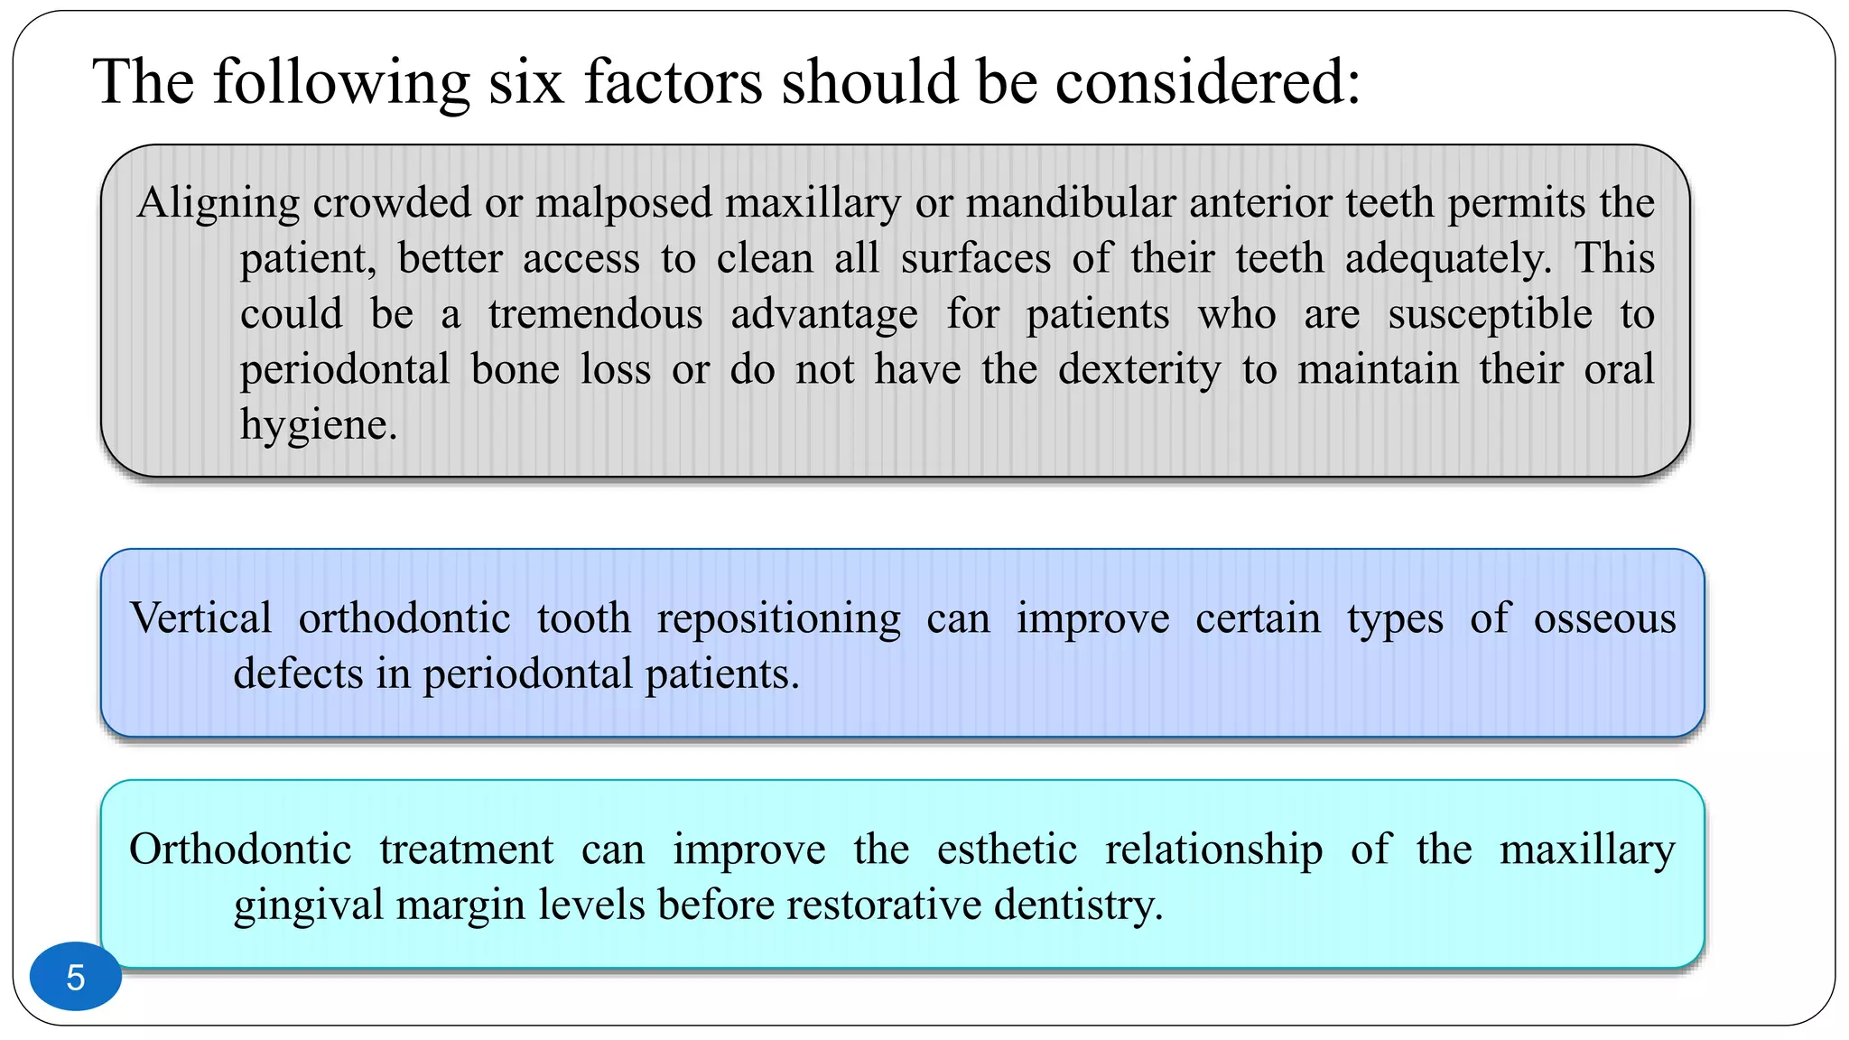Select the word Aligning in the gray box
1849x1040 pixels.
tap(218, 203)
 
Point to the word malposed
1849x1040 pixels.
tap(627, 202)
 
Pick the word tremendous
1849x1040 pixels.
tap(595, 314)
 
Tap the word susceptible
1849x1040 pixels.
tap(1490, 314)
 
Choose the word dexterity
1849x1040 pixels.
tap(1139, 369)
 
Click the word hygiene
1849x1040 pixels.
tap(318, 425)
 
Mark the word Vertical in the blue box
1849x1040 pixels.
tap(200, 618)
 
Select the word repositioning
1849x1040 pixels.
tap(778, 618)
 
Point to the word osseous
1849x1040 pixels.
tap(1604, 618)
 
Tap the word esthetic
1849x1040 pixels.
tap(1007, 850)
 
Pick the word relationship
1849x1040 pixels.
tap(1213, 850)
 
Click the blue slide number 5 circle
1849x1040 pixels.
tap(76, 977)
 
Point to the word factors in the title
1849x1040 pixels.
tap(673, 82)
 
